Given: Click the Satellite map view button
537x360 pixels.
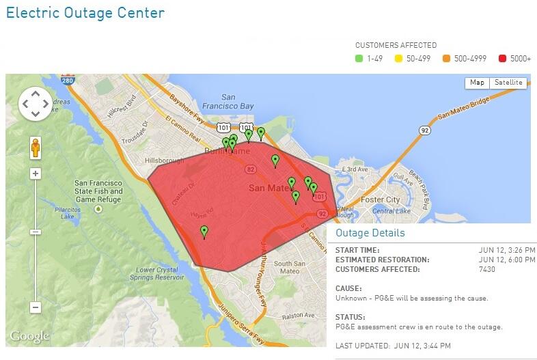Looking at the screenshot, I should click(508, 83).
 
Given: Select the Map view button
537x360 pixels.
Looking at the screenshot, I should click(477, 83).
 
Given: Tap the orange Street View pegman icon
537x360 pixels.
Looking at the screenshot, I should click(36, 147).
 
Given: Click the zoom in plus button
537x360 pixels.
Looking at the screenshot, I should click(36, 174).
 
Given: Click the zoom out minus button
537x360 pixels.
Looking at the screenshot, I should click(36, 307).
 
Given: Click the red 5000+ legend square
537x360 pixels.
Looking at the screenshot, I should click(504, 59).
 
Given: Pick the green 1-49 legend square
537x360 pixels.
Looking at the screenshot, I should click(359, 59).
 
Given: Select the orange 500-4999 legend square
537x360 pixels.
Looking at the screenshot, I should click(447, 59).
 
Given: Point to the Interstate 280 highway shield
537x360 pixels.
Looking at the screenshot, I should click(66, 81).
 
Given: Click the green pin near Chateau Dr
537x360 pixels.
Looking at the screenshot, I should click(204, 232).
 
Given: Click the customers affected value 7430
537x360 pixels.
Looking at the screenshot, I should click(488, 269).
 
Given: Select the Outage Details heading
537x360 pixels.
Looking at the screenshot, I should click(370, 233).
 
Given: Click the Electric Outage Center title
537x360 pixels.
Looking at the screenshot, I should click(85, 12).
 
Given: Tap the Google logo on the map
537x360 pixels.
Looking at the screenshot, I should click(29, 336).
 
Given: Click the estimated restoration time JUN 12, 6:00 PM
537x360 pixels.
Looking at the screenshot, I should click(508, 260).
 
